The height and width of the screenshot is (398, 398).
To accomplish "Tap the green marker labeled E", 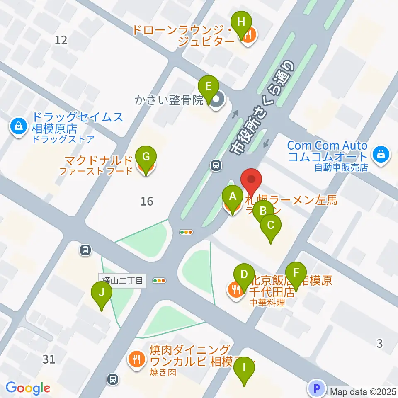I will (x=209, y=87).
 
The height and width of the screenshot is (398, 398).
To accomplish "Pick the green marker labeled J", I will (x=102, y=293).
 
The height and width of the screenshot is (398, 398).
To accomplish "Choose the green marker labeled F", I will (x=296, y=273).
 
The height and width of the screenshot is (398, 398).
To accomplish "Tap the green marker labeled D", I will (x=244, y=274).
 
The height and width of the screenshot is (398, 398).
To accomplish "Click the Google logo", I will (x=28, y=388).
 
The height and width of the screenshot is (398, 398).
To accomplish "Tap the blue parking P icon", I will (x=317, y=389).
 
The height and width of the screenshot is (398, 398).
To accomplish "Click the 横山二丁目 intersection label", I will (x=122, y=280).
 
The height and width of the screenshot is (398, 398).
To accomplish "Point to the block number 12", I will (x=61, y=40).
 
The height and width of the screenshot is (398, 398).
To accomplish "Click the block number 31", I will (x=49, y=359).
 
